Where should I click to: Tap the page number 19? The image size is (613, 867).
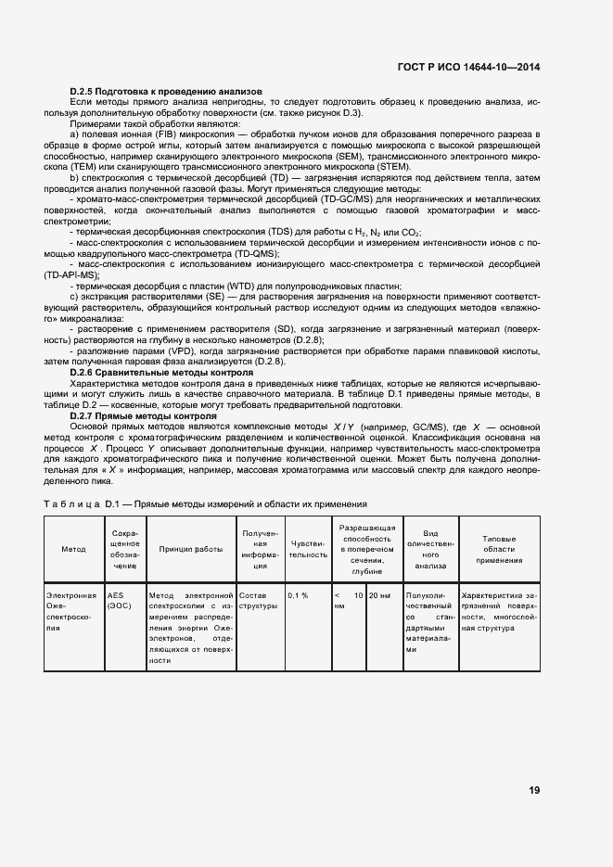534,790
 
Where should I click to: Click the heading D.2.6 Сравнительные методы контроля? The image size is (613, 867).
161,372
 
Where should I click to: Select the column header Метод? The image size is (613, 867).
73,549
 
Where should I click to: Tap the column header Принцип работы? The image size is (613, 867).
190,549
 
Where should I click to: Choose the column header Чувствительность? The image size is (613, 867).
308,549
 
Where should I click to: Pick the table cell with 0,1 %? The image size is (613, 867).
298,595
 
